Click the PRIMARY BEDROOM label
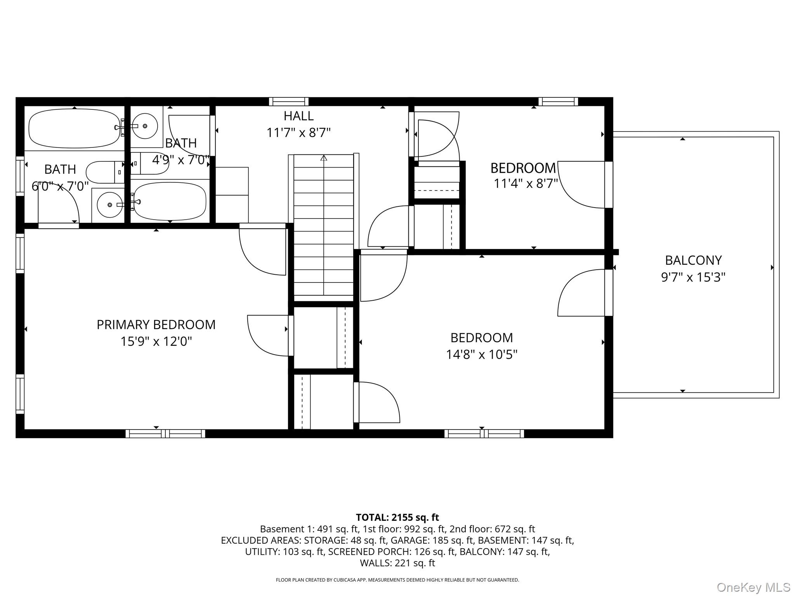tap(156, 324)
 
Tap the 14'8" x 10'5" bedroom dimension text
tap(481, 355)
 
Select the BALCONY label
tap(693, 260)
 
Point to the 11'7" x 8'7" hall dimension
tap(298, 133)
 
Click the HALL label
tap(298, 116)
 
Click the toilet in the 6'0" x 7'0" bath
tap(104, 172)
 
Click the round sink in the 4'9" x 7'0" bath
tap(144, 126)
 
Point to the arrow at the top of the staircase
tap(323, 158)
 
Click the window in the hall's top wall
tap(289, 102)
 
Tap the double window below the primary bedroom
tap(165, 433)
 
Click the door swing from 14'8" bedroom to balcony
tap(581, 293)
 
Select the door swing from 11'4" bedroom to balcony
tap(581, 184)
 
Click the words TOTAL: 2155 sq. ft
tap(397, 517)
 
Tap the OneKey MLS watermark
tap(753, 587)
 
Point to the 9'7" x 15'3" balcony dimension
tap(693, 277)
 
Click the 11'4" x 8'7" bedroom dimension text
tap(525, 184)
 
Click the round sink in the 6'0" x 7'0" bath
tap(109, 204)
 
